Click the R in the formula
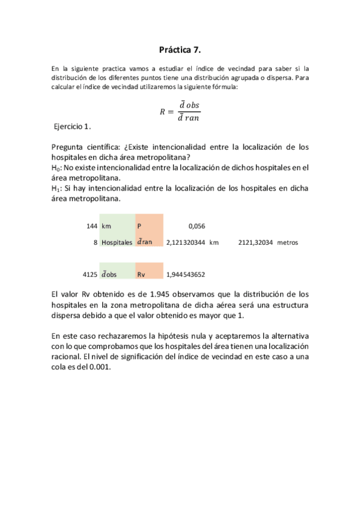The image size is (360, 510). [162, 111]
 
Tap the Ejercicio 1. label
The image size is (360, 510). [72, 126]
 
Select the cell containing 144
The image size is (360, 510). [92, 226]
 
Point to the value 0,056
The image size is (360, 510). [197, 226]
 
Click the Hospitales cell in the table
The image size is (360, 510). [117, 242]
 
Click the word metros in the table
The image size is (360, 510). [288, 242]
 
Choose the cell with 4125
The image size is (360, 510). [90, 274]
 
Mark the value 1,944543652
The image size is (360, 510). [186, 274]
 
